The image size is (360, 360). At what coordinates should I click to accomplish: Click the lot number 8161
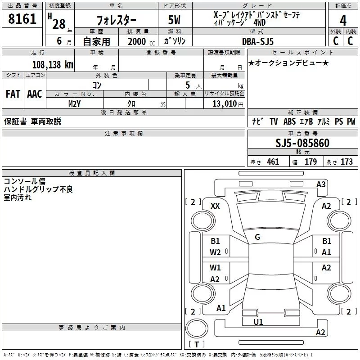pos(22,19)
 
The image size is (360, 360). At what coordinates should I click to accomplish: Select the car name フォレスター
pos(116,20)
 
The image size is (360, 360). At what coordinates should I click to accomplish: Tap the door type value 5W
pos(174,20)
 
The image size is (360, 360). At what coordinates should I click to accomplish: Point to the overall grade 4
pos(343,21)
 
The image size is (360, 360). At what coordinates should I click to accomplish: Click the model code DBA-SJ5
pos(258,41)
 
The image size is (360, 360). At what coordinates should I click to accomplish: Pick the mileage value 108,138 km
pos(53,65)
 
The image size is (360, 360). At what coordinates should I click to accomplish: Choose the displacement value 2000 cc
pos(141,41)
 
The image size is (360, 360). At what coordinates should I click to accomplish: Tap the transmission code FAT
pos(13,94)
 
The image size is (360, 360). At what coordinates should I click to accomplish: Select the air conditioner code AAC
pos(35,94)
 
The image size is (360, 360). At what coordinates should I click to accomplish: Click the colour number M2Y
pos(74,104)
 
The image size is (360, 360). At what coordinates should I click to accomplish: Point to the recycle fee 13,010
pos(225,104)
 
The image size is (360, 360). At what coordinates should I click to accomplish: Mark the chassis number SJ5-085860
pos(302,143)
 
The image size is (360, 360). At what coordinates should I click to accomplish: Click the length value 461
pos(273,162)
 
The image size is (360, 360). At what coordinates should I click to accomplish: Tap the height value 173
pos(346,162)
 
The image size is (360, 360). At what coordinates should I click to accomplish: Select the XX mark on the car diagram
pos(215,206)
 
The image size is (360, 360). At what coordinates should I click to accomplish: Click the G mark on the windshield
pos(257,237)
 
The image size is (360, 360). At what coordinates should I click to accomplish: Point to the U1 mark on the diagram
pos(258,322)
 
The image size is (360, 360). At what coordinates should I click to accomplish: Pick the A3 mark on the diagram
pos(321,184)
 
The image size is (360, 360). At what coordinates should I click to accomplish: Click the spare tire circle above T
pos(197,328)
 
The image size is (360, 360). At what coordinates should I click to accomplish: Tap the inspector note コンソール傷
pos(25,181)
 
